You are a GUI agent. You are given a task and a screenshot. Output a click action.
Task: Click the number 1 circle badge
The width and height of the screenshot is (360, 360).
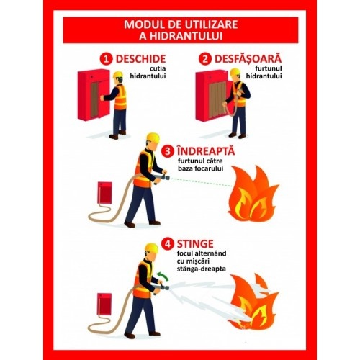(x=107, y=59)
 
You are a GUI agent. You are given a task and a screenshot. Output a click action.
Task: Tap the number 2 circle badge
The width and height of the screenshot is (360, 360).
(x=205, y=59)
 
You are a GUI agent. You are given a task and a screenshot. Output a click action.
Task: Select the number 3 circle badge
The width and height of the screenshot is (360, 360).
(x=167, y=151)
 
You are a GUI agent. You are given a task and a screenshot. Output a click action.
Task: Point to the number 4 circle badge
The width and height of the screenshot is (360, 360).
(x=168, y=244)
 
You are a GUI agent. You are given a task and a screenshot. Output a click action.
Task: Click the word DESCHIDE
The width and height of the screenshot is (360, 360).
(x=140, y=59)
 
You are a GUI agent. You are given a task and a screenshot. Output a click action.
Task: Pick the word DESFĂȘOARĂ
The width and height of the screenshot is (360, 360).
(x=248, y=58)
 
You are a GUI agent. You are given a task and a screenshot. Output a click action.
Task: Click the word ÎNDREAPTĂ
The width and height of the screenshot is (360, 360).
(x=206, y=150)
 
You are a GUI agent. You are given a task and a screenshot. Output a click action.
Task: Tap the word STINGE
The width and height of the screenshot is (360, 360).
(x=195, y=244)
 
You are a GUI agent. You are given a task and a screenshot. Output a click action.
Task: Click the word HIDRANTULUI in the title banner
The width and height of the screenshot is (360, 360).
(x=181, y=36)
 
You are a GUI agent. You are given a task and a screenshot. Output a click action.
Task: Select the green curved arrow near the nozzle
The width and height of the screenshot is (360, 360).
(x=163, y=276)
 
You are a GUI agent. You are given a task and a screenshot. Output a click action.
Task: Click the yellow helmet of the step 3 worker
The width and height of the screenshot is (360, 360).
(x=153, y=138)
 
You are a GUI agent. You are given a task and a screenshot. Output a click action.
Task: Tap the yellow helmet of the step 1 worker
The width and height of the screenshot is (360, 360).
(x=118, y=74)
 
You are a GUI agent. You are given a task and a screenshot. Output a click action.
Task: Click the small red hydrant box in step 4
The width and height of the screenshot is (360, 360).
(x=104, y=305)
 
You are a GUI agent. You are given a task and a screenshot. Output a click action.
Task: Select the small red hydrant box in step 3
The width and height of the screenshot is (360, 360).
(x=104, y=193)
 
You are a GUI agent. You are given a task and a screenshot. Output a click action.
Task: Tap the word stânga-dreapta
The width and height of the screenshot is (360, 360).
(x=202, y=269)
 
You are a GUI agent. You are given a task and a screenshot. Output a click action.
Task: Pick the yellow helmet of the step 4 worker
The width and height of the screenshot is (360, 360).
(x=152, y=248)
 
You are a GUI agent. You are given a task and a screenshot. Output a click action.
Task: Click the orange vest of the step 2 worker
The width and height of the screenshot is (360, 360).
(x=240, y=95)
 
